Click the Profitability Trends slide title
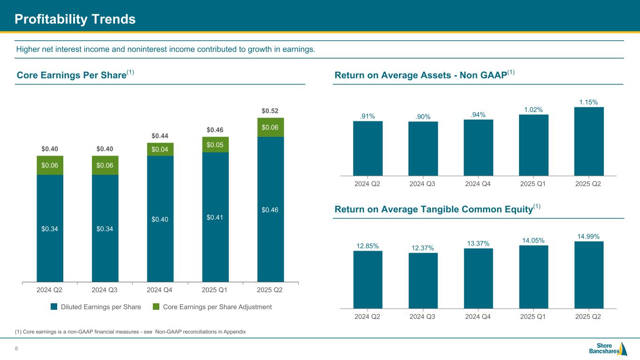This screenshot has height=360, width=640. point(75,19)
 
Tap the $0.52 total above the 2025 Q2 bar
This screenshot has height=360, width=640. point(271,111)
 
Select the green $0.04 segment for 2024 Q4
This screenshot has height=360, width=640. point(160,149)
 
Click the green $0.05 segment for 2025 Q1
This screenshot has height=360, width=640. point(215,145)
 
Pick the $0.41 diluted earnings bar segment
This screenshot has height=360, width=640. point(215,217)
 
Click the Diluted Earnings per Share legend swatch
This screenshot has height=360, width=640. point(54,307)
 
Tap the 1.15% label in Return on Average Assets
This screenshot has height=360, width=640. point(589,101)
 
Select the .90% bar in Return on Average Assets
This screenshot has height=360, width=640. point(423,149)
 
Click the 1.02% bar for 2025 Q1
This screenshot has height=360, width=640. point(534,145)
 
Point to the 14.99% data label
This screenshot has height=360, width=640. point(589,236)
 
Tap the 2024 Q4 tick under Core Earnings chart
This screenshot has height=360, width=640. point(160,290)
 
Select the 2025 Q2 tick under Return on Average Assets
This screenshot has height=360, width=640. point(589,184)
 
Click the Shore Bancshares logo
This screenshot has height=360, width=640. point(608,349)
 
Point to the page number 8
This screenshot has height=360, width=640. point(16,348)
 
